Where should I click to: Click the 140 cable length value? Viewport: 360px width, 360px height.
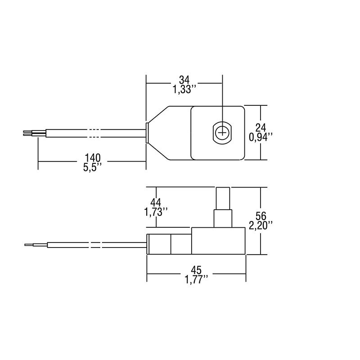pos(92,157)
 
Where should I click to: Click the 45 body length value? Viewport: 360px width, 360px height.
pos(196,270)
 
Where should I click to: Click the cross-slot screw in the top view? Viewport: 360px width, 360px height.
pos(222,133)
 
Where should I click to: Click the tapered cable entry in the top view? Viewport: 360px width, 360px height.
pos(158,133)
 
